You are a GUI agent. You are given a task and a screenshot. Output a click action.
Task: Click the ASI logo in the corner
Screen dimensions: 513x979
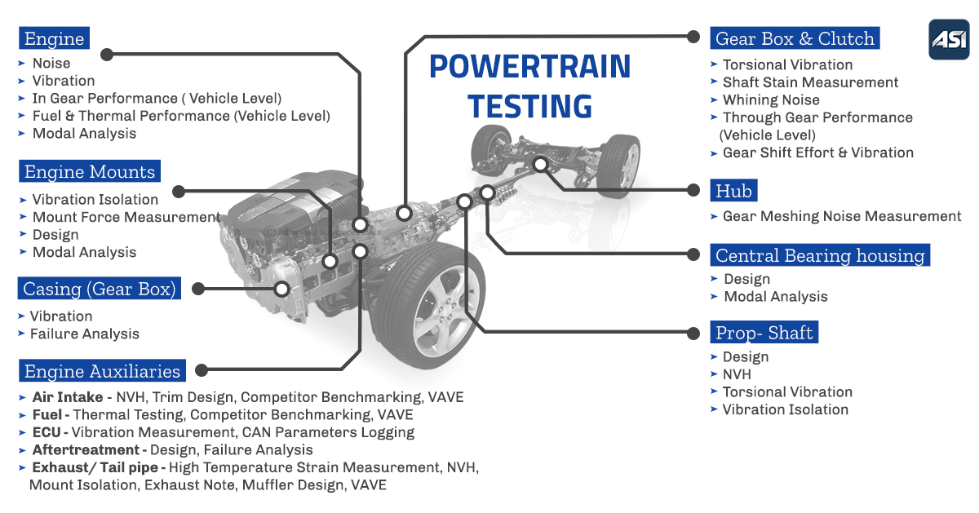[949, 39]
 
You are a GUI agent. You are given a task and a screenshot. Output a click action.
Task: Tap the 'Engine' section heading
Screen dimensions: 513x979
[54, 38]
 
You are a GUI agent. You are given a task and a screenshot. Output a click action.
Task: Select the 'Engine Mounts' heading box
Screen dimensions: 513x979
[89, 171]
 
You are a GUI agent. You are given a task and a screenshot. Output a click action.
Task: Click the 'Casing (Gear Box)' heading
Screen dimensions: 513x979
[100, 289]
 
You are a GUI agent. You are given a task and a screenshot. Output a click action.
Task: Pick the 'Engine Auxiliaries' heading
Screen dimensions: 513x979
[102, 371]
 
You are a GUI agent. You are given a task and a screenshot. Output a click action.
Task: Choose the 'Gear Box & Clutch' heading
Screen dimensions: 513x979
[794, 38]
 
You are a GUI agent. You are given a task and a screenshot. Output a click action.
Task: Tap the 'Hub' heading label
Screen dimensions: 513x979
[733, 190]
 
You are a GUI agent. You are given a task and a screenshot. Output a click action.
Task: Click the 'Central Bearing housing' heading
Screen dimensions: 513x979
[819, 255]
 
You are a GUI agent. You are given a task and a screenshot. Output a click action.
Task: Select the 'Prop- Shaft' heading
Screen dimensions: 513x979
[764, 332]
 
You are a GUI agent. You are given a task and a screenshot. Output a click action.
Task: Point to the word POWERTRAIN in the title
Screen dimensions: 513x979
[530, 67]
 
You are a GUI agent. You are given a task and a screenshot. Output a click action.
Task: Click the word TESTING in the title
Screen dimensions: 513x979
[530, 106]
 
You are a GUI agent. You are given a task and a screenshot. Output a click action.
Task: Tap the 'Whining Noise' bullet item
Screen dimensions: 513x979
[770, 100]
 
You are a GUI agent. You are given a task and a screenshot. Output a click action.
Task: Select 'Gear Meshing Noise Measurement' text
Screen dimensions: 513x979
[841, 216]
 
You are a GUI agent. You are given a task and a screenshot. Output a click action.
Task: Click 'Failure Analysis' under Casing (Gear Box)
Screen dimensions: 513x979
[84, 334]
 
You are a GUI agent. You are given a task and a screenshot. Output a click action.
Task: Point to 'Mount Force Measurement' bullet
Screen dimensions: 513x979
[126, 217]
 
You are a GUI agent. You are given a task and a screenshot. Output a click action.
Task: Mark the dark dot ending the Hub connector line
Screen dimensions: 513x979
[693, 189]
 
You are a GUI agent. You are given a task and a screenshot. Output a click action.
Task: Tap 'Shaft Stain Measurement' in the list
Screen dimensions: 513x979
[809, 82]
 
